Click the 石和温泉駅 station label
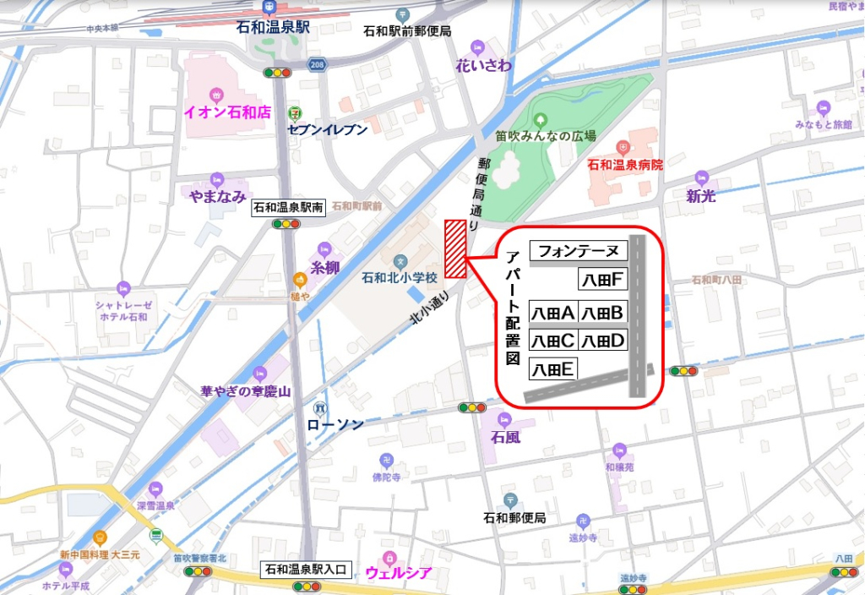click(273, 28)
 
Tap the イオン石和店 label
click(227, 111)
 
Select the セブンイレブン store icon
click(293, 112)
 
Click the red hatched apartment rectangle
click(455, 248)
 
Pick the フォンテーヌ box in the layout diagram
click(579, 251)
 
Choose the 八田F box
click(603, 280)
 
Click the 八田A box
click(552, 313)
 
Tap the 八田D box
click(603, 341)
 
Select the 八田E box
click(552, 368)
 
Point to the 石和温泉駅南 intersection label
click(289, 208)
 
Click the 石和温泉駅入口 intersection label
click(306, 570)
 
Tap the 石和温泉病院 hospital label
click(626, 164)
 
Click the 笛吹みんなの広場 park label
click(546, 135)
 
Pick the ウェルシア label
click(399, 573)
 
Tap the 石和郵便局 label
click(514, 517)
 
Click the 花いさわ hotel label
click(483, 65)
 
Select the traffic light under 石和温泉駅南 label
click(287, 224)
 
